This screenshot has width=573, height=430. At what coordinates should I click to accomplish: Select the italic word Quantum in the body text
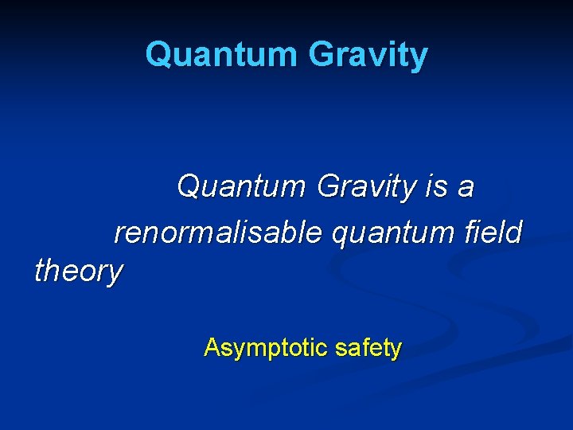click(241, 188)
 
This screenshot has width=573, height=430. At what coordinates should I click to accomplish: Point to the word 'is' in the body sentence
click(436, 188)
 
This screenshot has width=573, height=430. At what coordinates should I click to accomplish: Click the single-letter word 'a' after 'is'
click(466, 190)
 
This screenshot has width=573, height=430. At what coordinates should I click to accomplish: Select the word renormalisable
click(218, 233)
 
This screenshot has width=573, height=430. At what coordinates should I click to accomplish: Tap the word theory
click(79, 272)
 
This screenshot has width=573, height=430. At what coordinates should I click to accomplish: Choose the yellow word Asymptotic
click(266, 348)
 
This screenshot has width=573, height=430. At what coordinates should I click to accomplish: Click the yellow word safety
click(368, 348)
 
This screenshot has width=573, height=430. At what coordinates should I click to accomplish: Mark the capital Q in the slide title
click(159, 55)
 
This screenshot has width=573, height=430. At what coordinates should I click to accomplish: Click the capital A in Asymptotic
click(212, 347)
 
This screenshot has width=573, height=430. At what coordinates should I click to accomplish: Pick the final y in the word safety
click(396, 350)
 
